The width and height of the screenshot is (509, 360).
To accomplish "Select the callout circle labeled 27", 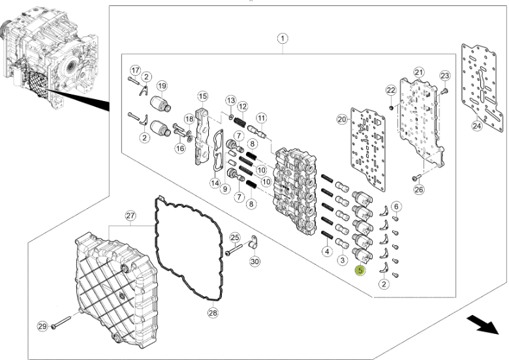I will click(x=130, y=216).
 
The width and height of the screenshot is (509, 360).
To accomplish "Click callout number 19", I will click(x=161, y=86).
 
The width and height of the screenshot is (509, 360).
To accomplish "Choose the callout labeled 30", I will click(x=255, y=262).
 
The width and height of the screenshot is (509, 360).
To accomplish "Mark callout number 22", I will click(x=391, y=89).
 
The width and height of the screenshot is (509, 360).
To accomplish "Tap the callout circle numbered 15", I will click(x=202, y=97).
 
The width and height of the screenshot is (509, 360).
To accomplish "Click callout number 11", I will click(x=262, y=118).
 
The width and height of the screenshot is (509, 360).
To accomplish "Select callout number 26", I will click(x=419, y=190).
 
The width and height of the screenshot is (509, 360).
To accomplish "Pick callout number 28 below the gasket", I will click(x=213, y=312).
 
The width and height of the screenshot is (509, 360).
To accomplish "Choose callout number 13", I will click(x=230, y=100).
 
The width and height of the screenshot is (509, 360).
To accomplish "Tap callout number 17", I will click(x=135, y=70).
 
